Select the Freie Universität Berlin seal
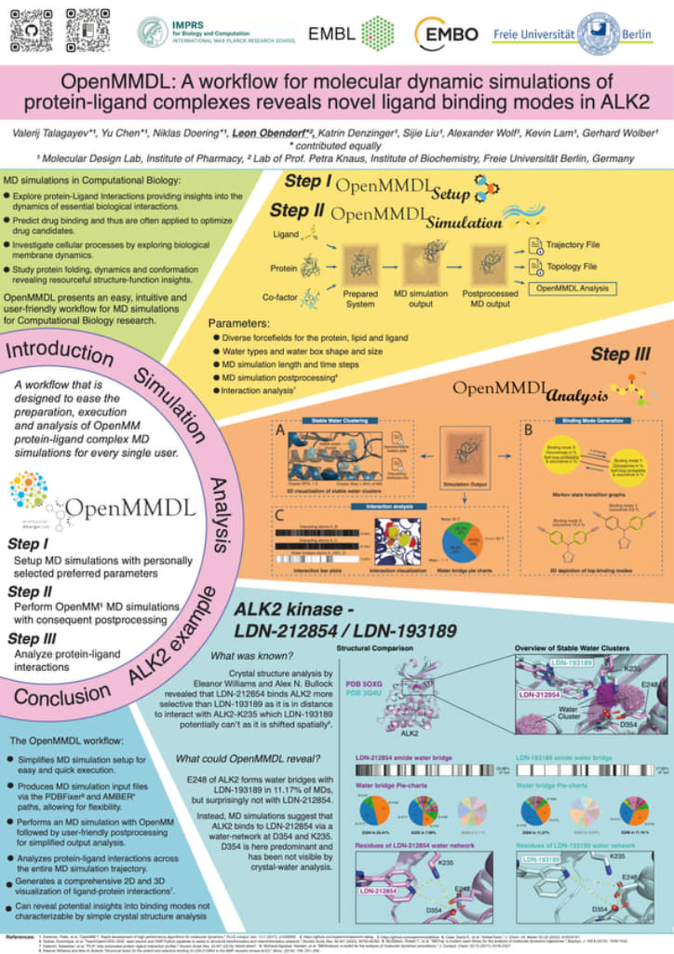[600, 34]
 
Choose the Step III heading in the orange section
[624, 354]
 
